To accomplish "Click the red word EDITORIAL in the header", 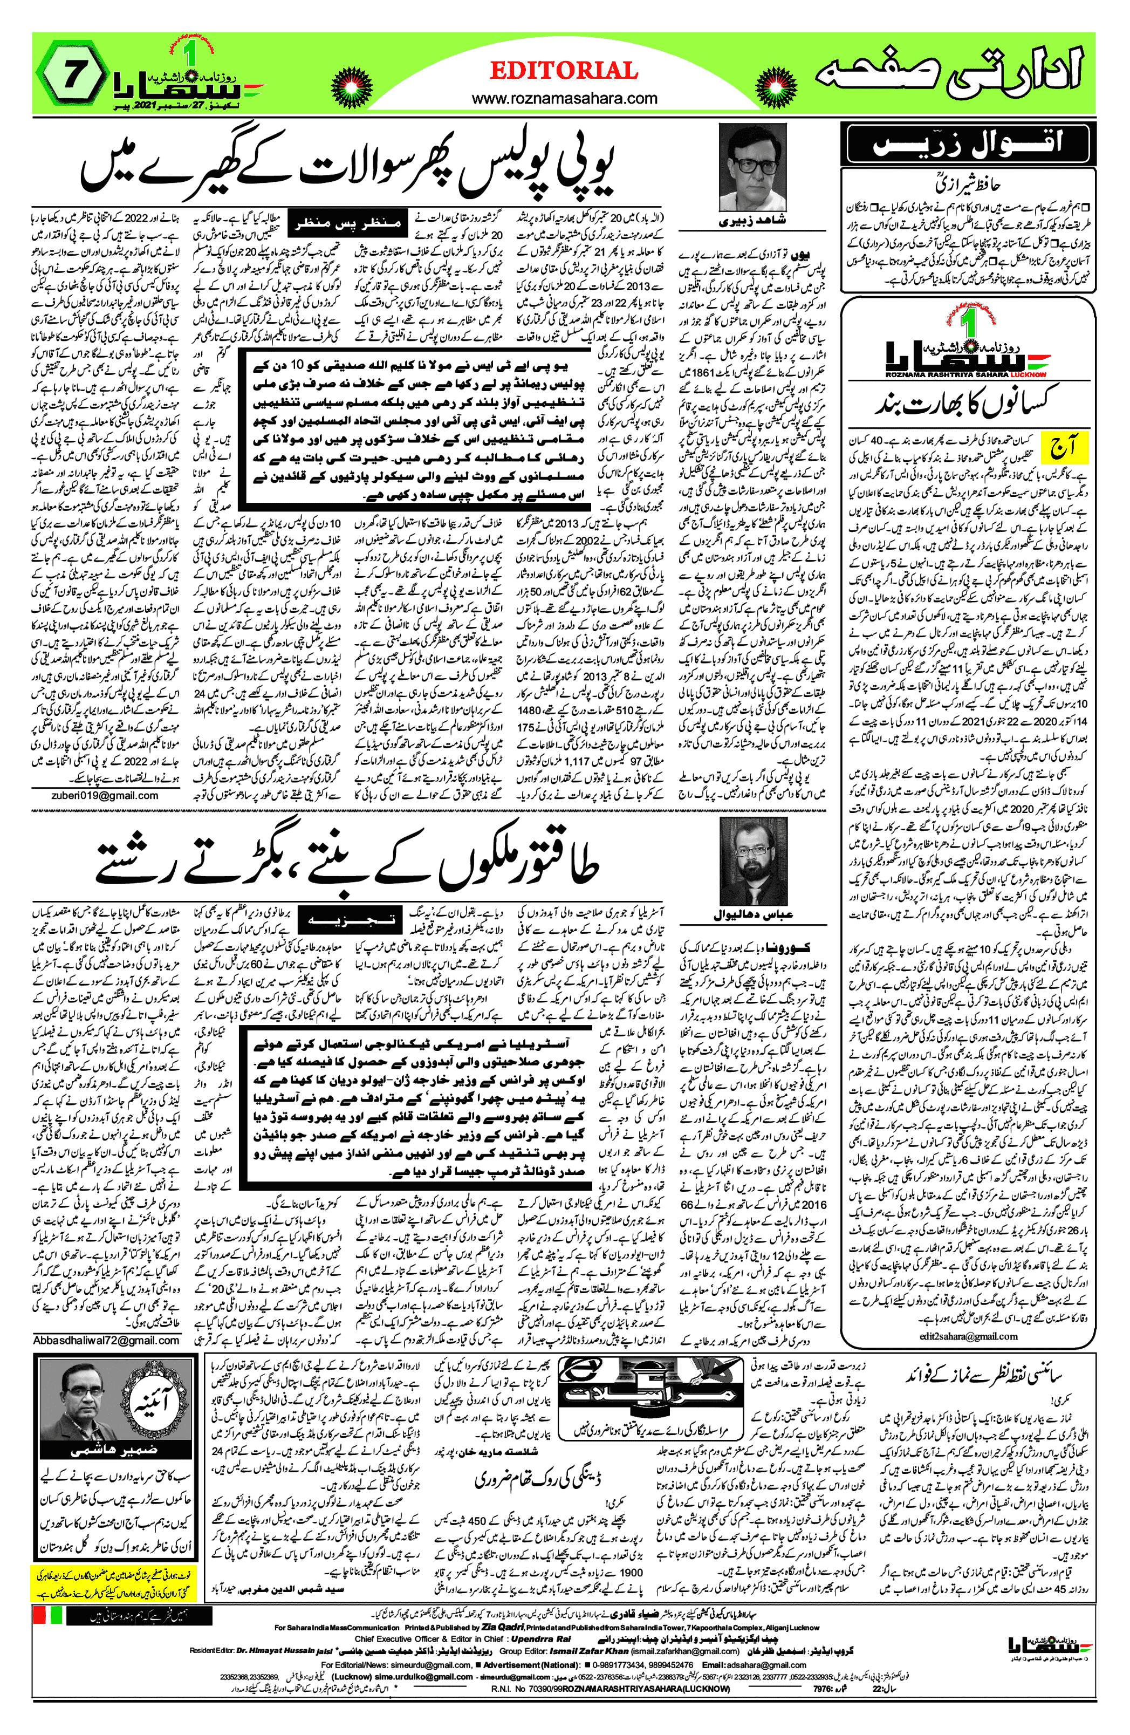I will [564, 71].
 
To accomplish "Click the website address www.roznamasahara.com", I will [564, 98].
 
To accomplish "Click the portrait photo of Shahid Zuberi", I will [752, 168].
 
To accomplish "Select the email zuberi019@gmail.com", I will [104, 795].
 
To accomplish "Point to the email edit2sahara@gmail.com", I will [968, 1336].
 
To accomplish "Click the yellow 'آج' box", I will [1064, 446].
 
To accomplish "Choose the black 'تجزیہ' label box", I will [351, 920].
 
